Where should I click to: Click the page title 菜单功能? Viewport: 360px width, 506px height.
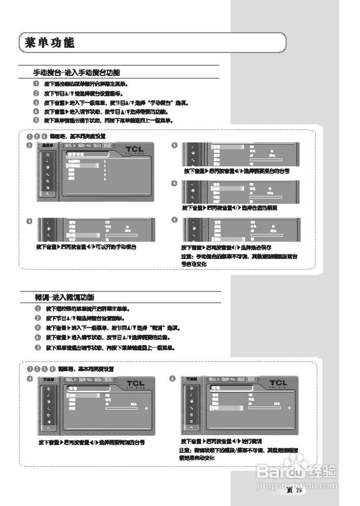coord(49,43)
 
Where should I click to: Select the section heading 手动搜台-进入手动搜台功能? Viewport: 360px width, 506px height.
coord(77,73)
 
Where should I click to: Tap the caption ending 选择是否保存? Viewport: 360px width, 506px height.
coord(226,247)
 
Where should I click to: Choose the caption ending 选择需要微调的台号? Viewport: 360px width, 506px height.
coord(91,442)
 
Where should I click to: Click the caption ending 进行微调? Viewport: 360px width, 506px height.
coord(221,441)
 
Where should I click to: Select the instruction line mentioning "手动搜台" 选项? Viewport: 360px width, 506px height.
coord(117,103)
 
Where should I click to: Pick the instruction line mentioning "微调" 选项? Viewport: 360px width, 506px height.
coord(113,328)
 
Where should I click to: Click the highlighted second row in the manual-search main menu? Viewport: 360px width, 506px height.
coord(81,166)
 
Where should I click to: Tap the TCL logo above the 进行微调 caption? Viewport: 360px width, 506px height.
coord(278,383)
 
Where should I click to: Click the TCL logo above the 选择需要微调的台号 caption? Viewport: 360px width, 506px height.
coord(136,383)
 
